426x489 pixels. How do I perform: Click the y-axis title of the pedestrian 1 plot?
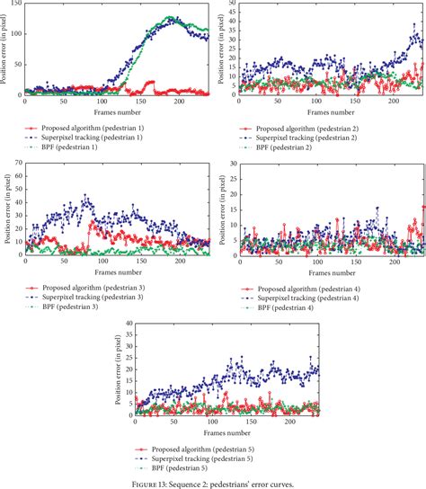5,49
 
